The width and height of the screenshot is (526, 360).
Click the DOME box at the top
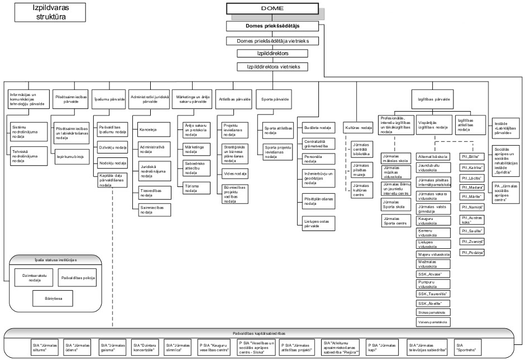point(272,8)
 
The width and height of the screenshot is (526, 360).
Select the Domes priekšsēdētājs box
point(272,26)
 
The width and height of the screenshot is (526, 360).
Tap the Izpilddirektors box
point(272,54)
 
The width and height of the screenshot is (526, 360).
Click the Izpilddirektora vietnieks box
point(272,66)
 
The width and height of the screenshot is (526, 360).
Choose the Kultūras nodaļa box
point(358,128)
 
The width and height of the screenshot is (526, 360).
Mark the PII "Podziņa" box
point(472,253)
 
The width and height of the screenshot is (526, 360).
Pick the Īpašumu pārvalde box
point(107,99)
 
